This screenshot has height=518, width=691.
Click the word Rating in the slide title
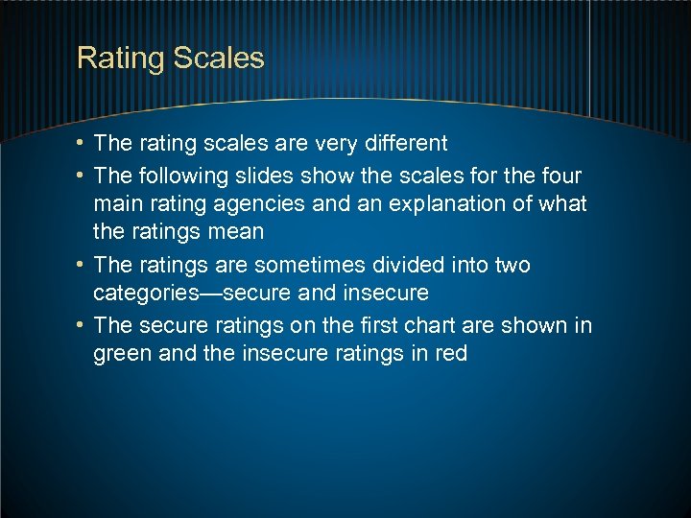point(121,59)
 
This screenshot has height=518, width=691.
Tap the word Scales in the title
point(219,59)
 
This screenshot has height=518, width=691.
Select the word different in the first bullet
point(400,144)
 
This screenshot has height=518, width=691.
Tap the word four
point(560,177)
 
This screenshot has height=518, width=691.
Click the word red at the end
point(450,354)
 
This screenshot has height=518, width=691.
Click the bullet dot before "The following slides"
point(81,177)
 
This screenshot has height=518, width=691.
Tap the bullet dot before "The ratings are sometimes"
point(81,265)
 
